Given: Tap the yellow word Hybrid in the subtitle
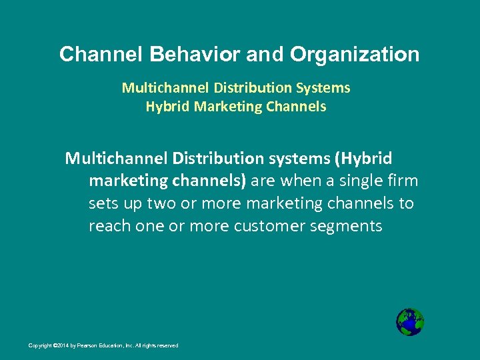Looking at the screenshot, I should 167,106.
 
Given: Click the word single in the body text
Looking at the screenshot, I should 360,181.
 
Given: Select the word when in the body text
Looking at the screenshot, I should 303,181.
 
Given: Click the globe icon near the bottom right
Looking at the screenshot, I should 409,322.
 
